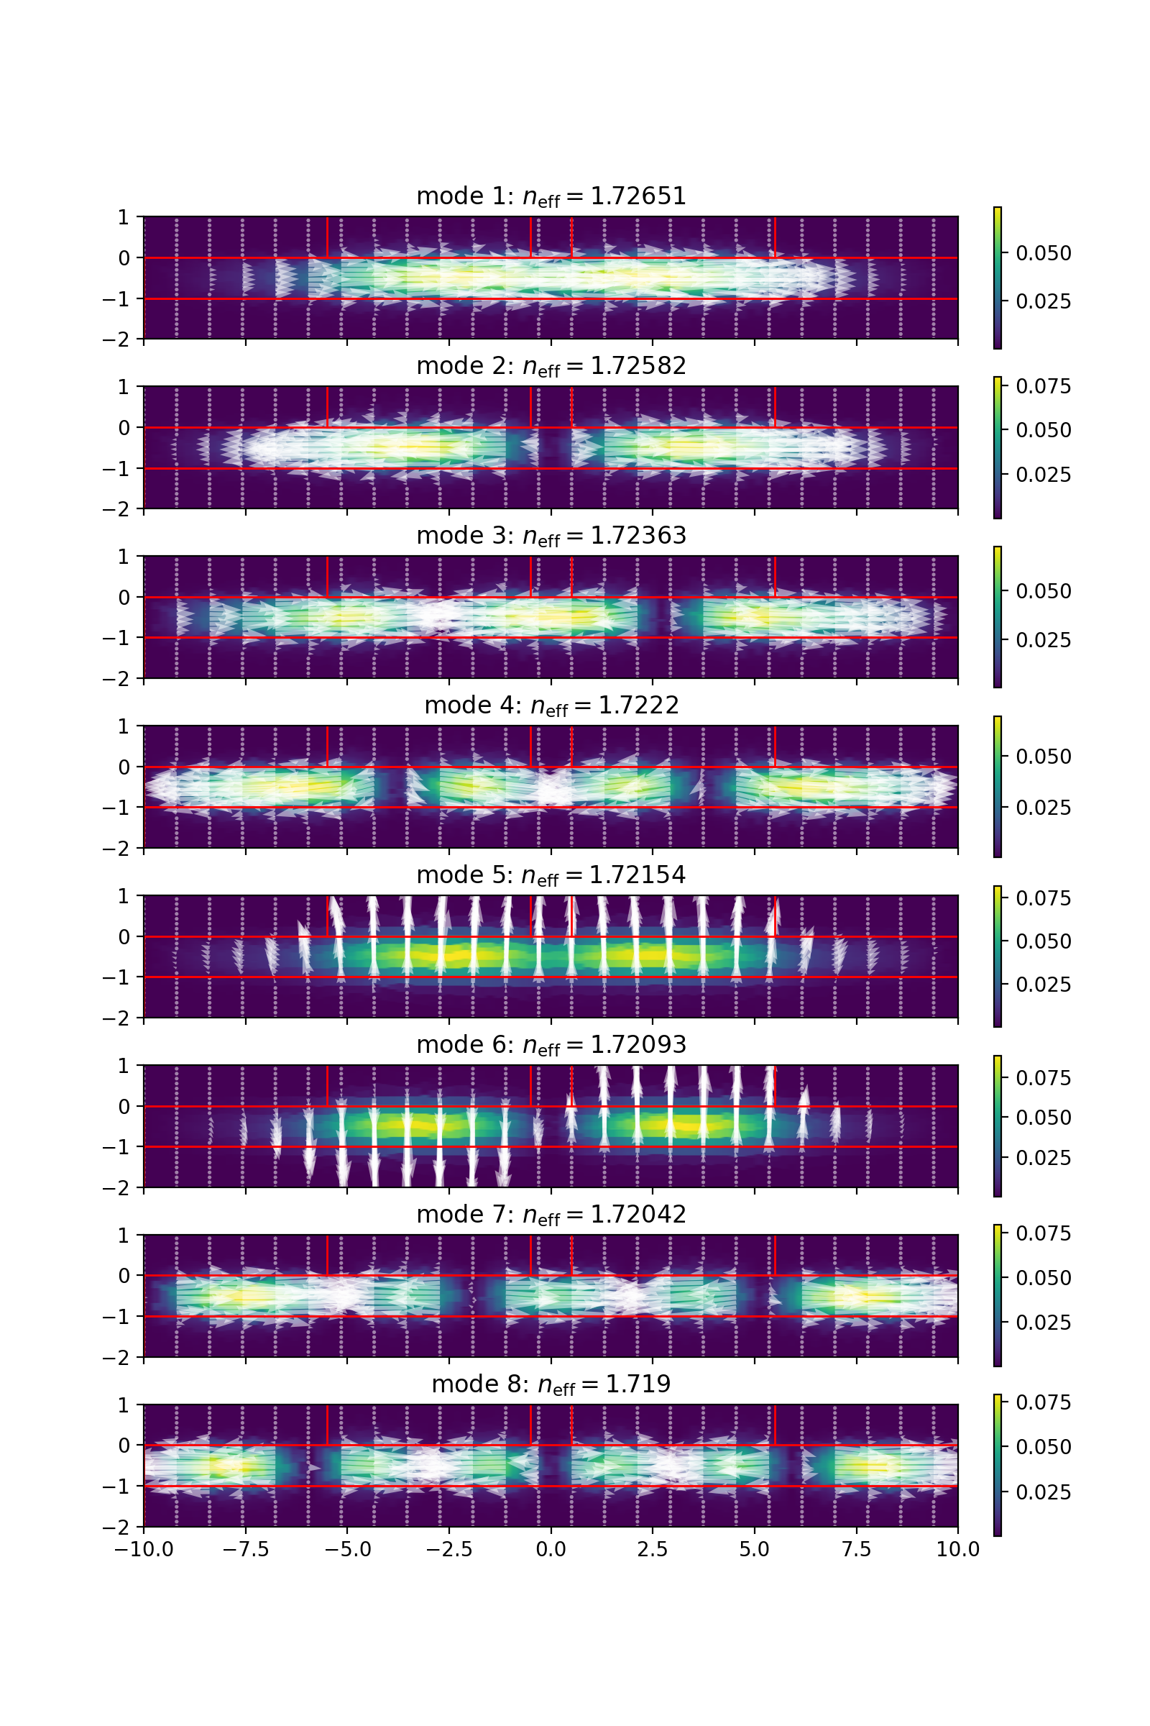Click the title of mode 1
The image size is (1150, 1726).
[551, 196]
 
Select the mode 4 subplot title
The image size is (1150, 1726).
[551, 706]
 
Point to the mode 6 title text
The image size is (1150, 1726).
[551, 1045]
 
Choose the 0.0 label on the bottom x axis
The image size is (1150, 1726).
[551, 1549]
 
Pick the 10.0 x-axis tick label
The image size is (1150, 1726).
[957, 1549]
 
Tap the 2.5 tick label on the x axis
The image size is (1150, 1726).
[652, 1549]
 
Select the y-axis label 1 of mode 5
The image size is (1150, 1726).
[123, 896]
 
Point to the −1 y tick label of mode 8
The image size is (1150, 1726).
[117, 1486]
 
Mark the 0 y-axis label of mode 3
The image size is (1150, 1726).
[123, 598]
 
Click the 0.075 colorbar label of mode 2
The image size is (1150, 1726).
[1043, 386]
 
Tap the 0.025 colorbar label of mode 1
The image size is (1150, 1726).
[1043, 301]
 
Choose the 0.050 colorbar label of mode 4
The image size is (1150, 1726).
[1043, 757]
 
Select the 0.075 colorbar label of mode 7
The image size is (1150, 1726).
[1043, 1233]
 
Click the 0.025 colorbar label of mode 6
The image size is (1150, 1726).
[1043, 1157]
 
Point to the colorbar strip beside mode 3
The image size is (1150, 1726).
[998, 616]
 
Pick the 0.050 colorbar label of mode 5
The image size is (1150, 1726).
[1043, 941]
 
